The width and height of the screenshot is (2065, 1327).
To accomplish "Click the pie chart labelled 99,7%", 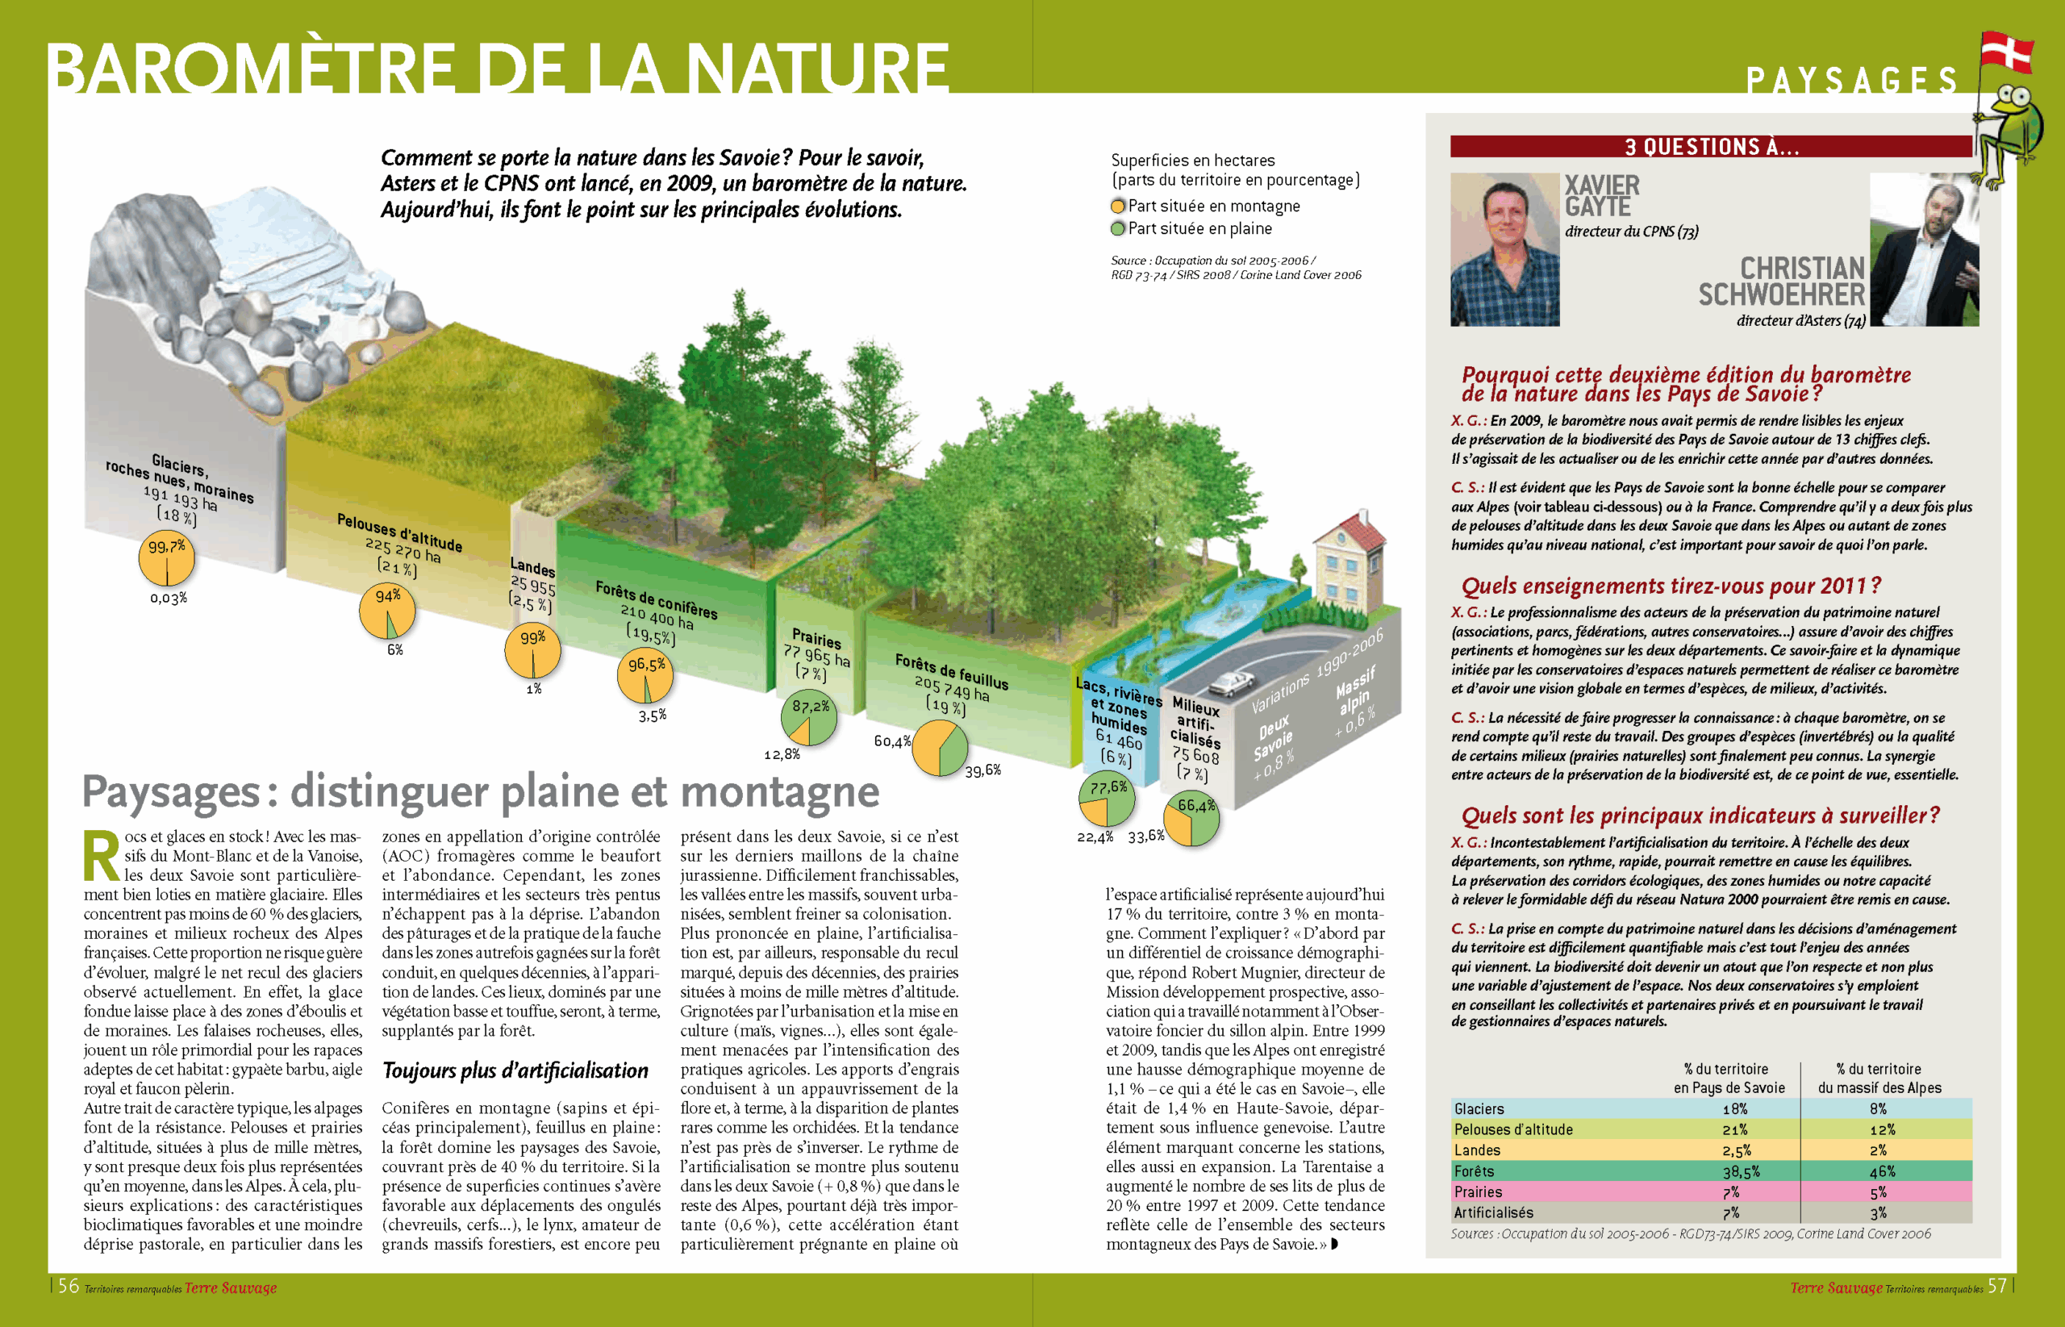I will (x=166, y=558).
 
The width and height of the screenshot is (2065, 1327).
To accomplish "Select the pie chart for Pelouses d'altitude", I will (x=387, y=611).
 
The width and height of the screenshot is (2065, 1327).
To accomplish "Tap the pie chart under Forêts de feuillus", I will (x=939, y=748).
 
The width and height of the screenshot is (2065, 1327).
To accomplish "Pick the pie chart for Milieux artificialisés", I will (x=1191, y=820).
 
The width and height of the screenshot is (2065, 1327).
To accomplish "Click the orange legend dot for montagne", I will (x=1117, y=206).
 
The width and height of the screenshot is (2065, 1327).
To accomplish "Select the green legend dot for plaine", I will (x=1117, y=228).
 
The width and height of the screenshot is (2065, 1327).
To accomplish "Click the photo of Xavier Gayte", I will (x=1504, y=250).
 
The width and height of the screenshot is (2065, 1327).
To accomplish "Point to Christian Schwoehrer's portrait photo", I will (x=1924, y=250).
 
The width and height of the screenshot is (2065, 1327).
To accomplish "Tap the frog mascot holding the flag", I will (x=2012, y=129).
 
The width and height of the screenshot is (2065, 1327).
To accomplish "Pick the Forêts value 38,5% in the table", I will (x=1740, y=1172).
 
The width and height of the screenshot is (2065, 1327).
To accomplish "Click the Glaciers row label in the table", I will (x=1479, y=1109).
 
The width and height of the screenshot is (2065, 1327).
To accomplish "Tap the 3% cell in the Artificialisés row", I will (x=1877, y=1213).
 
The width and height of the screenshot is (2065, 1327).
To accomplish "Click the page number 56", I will (x=68, y=1287).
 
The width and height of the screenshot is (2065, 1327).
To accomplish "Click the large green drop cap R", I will (x=102, y=857).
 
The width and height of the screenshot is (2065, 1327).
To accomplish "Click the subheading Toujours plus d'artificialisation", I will (x=515, y=1071).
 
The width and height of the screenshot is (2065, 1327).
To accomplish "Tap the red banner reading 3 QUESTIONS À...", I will (x=1710, y=147).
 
